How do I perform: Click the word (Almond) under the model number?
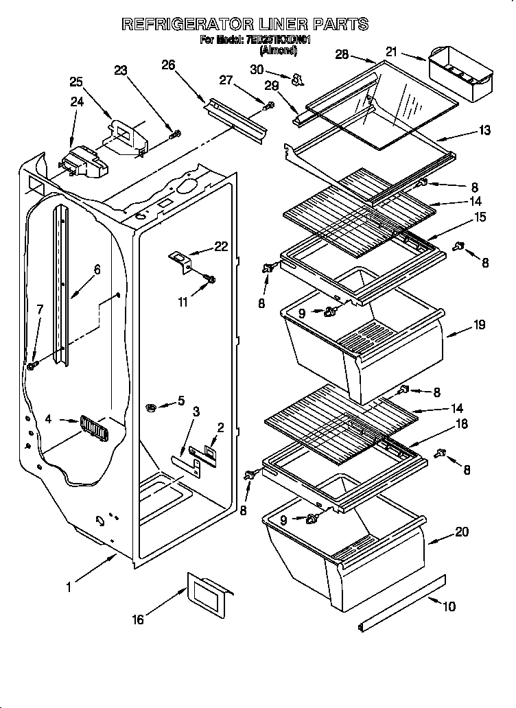278,50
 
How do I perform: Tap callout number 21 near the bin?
391,51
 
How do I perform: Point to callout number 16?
138,619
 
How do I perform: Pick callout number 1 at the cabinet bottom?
69,587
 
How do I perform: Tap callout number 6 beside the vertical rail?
97,270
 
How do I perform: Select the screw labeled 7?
32,366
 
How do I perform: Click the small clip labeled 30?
297,80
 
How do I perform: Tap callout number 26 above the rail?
168,65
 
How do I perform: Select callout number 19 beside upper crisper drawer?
479,324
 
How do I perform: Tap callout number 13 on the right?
484,130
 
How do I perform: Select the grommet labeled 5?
152,408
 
